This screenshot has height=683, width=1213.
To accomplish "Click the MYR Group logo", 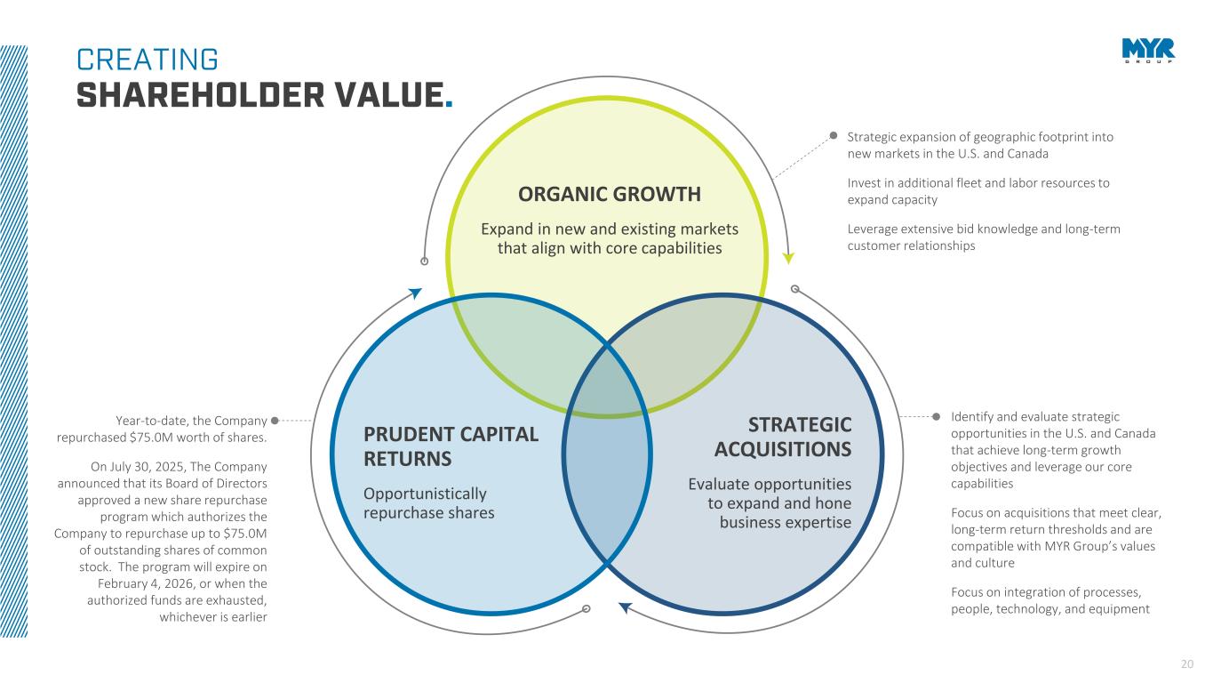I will tap(1148, 51).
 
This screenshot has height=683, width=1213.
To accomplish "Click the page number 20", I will tap(1187, 663).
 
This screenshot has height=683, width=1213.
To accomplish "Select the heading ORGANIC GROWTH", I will tap(610, 194).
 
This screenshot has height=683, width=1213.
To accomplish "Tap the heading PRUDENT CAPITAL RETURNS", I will tap(451, 446).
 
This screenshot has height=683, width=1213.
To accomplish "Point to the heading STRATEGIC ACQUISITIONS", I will tap(783, 437).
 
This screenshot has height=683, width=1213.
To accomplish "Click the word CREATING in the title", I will tap(148, 60).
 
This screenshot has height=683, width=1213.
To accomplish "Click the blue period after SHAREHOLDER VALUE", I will tap(449, 102).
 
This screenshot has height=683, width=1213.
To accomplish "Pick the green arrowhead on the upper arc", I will tap(787, 258).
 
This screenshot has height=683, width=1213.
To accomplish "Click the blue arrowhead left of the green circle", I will tap(414, 293).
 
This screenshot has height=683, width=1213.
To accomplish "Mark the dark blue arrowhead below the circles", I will tap(625, 608).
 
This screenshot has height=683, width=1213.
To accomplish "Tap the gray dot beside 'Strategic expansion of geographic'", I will tap(834, 136).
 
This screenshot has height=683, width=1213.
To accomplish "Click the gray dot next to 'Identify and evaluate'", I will tap(935, 416).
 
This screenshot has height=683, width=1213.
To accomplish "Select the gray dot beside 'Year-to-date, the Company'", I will tap(275, 420).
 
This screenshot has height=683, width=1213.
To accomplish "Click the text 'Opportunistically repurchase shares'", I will tap(429, 503).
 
